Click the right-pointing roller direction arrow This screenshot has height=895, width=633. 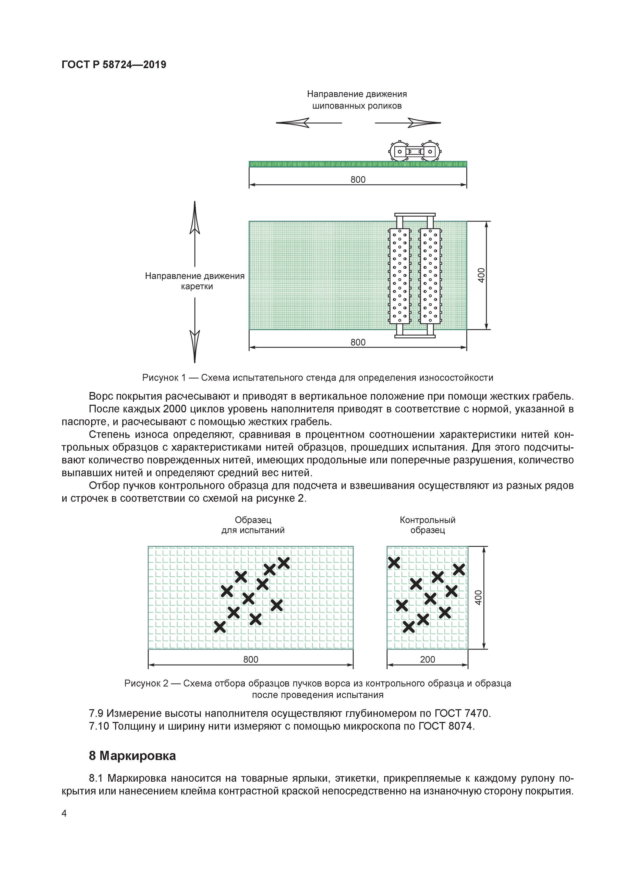click(408, 123)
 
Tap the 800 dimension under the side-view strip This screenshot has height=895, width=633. click(358, 180)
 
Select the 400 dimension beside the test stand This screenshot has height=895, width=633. click(481, 275)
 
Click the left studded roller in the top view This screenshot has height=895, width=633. click(399, 276)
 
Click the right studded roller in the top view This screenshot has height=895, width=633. click(430, 276)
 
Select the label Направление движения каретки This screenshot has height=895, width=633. click(195, 281)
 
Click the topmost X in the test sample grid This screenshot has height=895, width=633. click(283, 563)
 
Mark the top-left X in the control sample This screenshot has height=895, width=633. click(394, 563)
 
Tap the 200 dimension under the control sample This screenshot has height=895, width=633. click(427, 659)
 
